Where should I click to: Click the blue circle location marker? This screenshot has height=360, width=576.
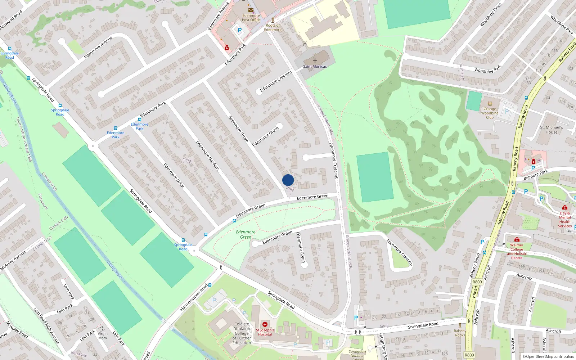(x=288, y=180)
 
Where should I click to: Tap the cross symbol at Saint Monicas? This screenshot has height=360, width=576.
(x=315, y=61)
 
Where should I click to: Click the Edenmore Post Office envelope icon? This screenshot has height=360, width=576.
(x=251, y=10)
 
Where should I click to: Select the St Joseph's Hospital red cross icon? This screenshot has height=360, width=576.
(x=265, y=324)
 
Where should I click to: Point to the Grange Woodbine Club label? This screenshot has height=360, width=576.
(x=490, y=113)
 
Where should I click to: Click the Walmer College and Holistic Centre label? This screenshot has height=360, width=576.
(x=517, y=251)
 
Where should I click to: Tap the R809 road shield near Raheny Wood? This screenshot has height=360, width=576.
(x=477, y=282)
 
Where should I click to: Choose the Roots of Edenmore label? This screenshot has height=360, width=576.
(x=273, y=27)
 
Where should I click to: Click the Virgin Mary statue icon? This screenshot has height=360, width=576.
(x=102, y=329)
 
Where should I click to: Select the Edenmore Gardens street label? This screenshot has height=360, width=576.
(x=208, y=155)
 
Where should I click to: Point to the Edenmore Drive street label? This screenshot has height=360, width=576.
(x=174, y=175)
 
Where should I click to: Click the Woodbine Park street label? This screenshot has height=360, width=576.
(x=488, y=69)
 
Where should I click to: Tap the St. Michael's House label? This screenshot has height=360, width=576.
(x=551, y=130)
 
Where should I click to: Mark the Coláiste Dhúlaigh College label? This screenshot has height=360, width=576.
(x=242, y=333)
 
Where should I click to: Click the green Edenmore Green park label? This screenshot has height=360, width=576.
(x=246, y=234)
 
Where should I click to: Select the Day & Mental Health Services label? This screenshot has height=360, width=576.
(x=565, y=219)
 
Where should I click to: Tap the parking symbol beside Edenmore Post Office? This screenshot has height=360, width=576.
(x=240, y=31)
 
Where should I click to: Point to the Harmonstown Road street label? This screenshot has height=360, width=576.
(x=194, y=297)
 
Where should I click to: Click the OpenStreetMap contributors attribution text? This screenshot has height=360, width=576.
(x=548, y=356)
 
